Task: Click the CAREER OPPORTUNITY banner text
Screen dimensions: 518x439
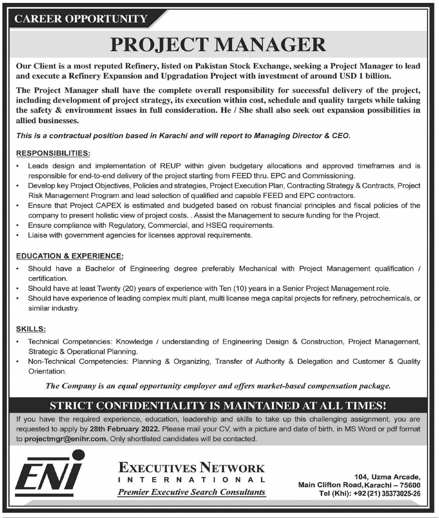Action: [81, 19]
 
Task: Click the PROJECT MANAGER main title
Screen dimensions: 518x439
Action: [218, 45]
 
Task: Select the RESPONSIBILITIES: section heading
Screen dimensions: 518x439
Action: [53, 153]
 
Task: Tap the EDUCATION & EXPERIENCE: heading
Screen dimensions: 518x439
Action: [70, 256]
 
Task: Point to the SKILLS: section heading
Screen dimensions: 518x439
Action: [31, 329]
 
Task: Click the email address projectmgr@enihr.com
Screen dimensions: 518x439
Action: [66, 439]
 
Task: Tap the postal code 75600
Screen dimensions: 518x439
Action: [410, 485]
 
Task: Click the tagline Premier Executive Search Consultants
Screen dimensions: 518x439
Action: [192, 492]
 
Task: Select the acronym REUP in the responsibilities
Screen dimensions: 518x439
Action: [170, 166]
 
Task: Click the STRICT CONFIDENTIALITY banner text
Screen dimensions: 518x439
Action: [218, 405]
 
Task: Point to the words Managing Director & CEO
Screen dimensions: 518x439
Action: [302, 136]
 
